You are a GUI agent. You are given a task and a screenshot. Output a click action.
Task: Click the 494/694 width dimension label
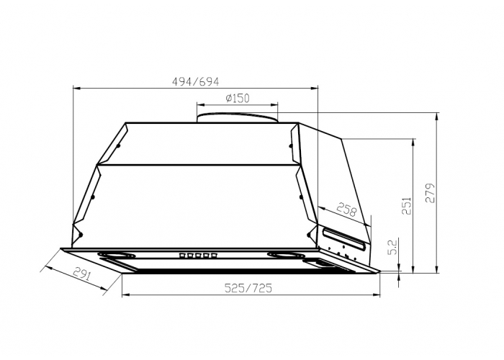click(195, 81)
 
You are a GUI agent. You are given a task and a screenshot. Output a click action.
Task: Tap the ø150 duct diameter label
click(238, 98)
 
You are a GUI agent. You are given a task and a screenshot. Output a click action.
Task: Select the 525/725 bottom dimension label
click(248, 288)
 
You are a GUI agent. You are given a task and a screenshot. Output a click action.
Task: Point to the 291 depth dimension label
click(82, 274)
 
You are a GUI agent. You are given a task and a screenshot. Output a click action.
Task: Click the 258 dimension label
click(347, 210)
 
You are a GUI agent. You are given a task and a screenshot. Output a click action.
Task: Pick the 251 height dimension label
click(406, 206)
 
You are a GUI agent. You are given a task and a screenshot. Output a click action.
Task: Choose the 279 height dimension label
click(430, 193)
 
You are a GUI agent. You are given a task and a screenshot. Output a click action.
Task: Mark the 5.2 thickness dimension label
click(393, 246)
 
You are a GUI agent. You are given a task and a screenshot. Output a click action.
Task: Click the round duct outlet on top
click(238, 117)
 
